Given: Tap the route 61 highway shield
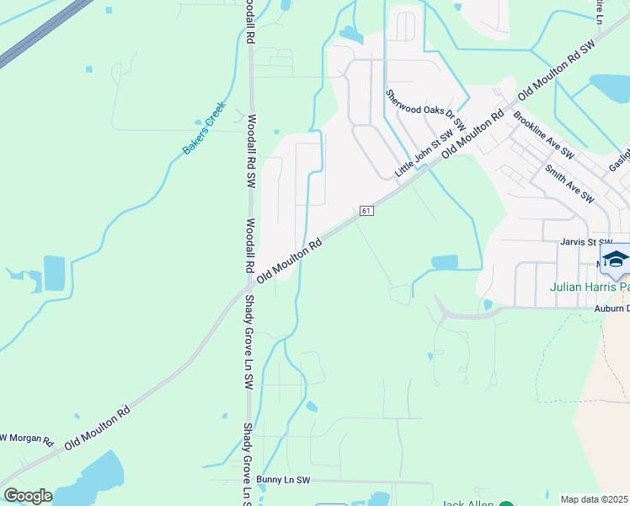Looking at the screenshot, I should coord(365,211).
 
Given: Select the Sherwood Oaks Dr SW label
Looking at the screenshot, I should coord(426,110).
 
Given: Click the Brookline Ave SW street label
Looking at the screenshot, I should coord(543,136).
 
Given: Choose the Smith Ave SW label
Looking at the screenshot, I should coord(569,184).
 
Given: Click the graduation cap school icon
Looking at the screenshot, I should coord(616,260).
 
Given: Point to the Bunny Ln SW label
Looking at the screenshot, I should coord(284,480).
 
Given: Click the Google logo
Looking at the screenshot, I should coord(27,496).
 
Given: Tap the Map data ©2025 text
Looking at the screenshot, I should coord(594,499).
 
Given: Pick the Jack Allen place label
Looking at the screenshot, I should coord(467,503).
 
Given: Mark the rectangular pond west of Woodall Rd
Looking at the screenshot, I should coord(53,273).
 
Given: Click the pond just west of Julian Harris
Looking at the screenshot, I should coord(445,263).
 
